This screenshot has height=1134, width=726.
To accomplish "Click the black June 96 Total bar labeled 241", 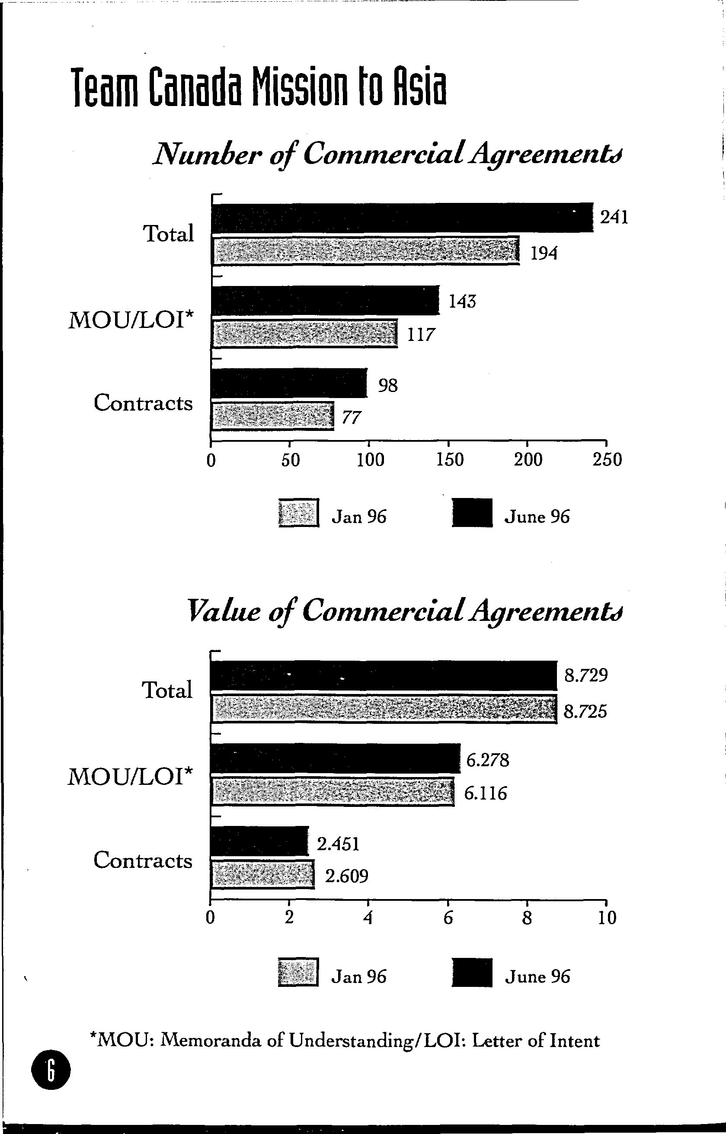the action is [402, 218].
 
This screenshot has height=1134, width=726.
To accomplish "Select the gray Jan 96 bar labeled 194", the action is [365, 251].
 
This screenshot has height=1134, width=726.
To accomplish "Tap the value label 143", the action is [462, 301].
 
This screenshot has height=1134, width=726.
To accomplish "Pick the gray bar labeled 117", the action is [304, 334].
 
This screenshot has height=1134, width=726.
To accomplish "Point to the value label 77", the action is [351, 418].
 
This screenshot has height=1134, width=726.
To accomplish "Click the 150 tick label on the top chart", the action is [450, 459].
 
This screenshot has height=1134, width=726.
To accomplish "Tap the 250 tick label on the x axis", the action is [608, 459].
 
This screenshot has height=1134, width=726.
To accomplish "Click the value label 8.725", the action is [585, 711].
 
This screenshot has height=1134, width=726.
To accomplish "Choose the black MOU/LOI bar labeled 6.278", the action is [336, 758].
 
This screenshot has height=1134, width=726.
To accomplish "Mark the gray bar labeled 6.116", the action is [333, 793].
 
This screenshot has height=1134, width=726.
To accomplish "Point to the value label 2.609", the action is [346, 876].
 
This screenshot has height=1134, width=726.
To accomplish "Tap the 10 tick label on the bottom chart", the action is [607, 918].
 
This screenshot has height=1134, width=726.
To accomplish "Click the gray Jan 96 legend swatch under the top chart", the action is [298, 513].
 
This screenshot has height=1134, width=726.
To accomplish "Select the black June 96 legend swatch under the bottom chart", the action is [472, 973].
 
